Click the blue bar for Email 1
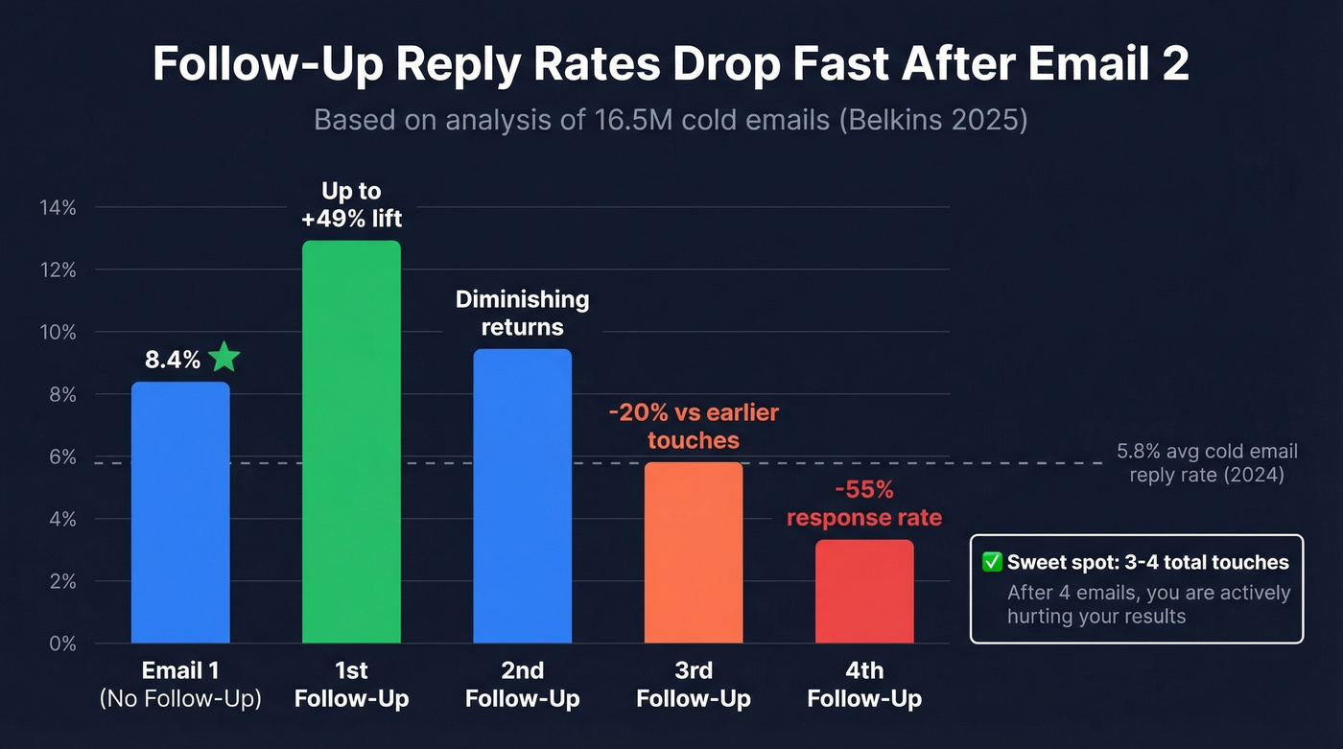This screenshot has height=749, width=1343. click(180, 512)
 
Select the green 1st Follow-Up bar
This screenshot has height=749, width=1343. click(351, 441)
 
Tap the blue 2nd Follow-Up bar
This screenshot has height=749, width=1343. click(523, 496)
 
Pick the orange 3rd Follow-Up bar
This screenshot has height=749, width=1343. click(694, 552)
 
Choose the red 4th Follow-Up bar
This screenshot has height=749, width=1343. click(864, 591)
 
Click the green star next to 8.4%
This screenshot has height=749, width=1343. click(224, 358)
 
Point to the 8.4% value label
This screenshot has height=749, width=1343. click(173, 361)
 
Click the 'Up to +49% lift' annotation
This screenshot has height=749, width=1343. click(351, 205)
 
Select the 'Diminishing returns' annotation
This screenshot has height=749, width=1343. click(523, 313)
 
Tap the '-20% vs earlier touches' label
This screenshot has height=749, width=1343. click(694, 427)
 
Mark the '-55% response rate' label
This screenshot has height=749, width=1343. click(864, 504)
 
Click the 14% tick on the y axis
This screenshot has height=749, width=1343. click(58, 207)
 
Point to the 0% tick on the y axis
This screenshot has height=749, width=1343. click(60, 644)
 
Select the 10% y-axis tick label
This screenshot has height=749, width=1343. click(58, 332)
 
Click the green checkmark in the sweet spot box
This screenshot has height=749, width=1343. click(993, 563)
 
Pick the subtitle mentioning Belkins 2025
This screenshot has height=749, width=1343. click(671, 121)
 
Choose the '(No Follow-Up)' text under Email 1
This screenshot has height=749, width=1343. click(180, 699)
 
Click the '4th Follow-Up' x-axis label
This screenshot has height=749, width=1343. click(864, 684)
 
